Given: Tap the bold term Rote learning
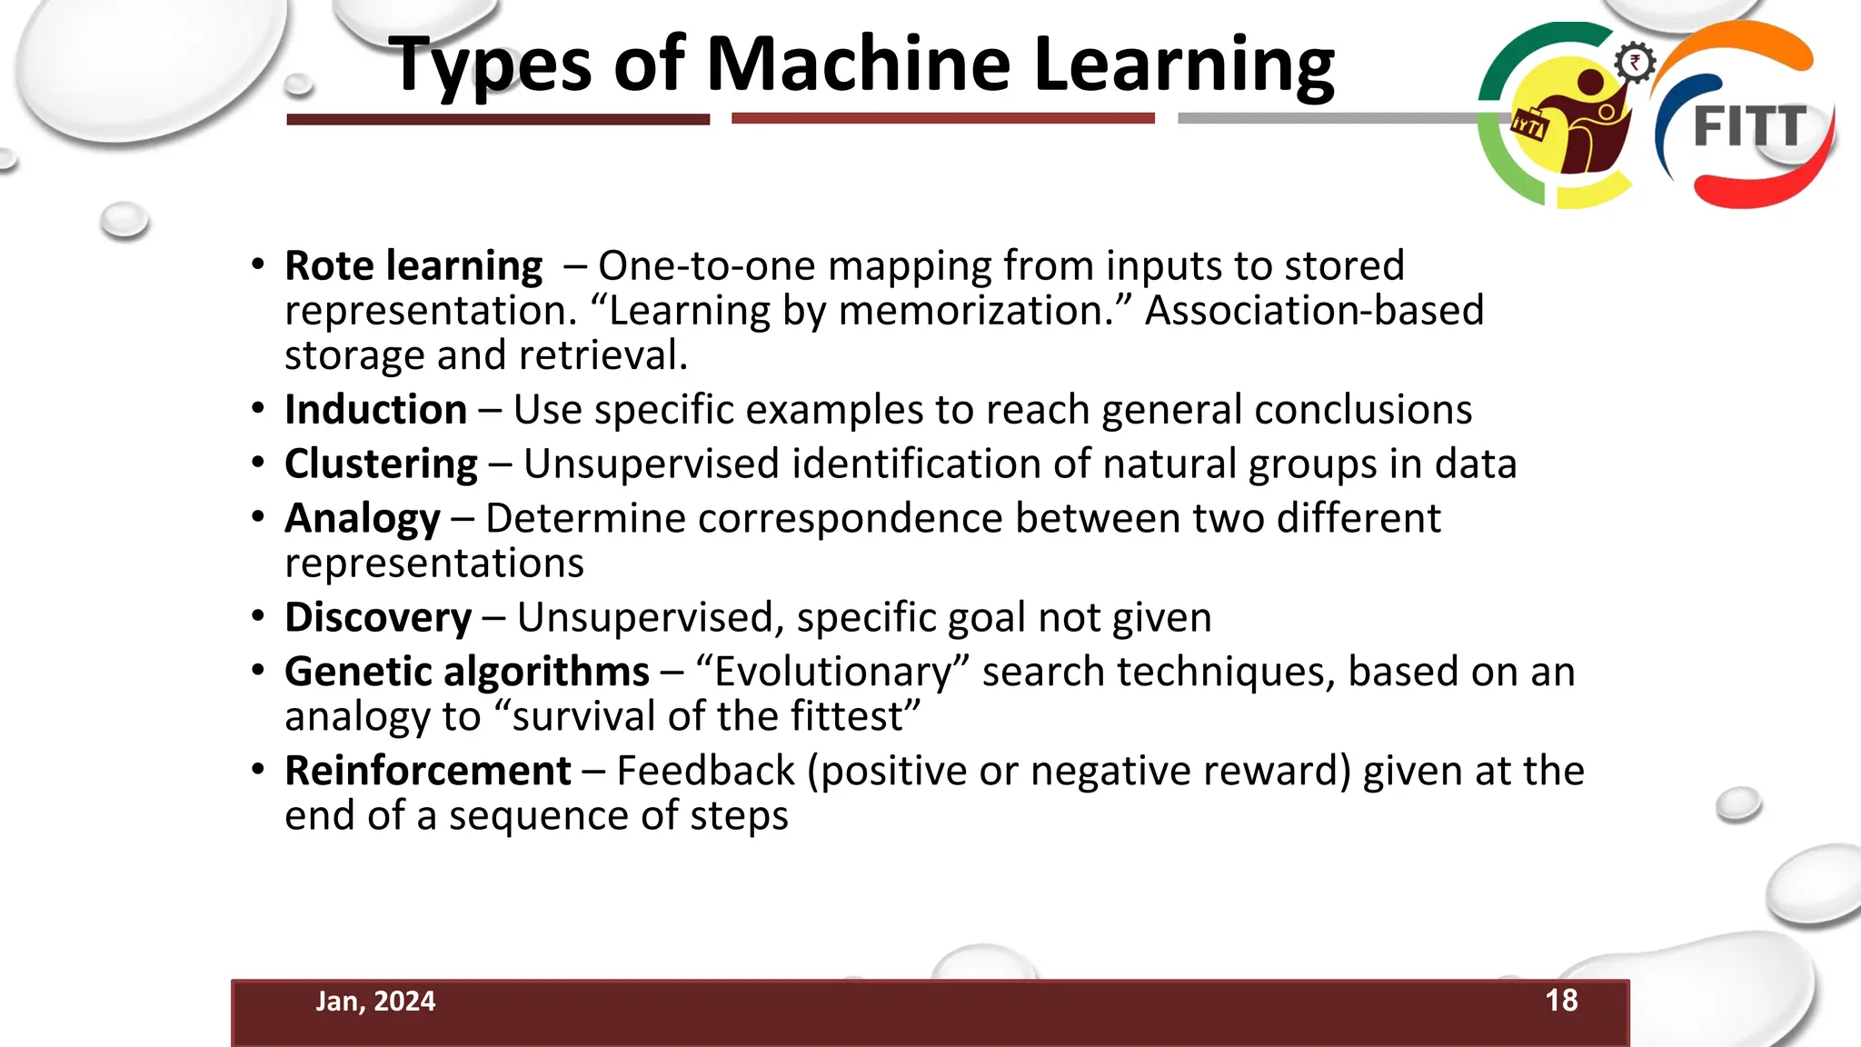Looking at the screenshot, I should coord(413,266).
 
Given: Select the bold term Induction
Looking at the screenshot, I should coord(375,410).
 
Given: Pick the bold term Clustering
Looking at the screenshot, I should coord(381,464).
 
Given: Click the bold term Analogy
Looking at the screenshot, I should coord(362,519).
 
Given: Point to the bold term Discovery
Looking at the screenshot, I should coord(378,618).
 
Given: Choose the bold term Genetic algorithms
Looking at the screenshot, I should coord(466,673).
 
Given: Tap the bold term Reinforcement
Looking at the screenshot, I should coord(427,772).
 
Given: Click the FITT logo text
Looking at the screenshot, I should coord(1749,126).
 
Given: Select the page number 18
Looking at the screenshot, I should coord(1561,1001).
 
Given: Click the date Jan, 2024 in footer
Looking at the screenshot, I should coord(375,1002).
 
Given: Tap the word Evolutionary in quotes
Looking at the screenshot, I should coord(832,673).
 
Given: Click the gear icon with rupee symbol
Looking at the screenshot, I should coord(1634,63).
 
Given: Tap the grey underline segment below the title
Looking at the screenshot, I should coord(1327,118).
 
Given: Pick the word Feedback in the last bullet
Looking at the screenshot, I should coord(705,772).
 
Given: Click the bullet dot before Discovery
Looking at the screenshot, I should coord(258,617).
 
